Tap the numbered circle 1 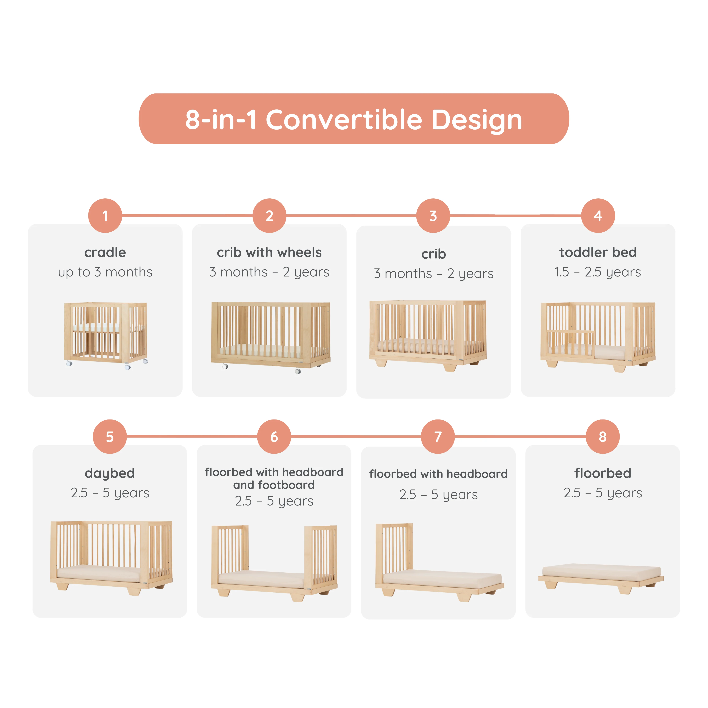pos(105,216)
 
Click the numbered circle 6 pos(274,437)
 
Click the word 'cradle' pos(105,253)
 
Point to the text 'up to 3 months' pos(105,272)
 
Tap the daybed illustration pos(111,557)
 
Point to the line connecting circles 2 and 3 pos(351,215)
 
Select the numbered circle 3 pos(433,216)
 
